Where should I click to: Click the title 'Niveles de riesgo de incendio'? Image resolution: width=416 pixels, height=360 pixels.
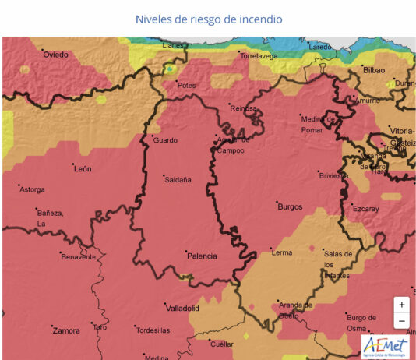[208, 19]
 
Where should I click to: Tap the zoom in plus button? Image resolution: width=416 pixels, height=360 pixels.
[401, 305]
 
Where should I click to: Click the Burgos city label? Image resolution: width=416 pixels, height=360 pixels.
[289, 207]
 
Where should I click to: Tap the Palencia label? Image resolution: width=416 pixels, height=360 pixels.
[201, 256]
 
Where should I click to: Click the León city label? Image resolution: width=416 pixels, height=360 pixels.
[82, 168]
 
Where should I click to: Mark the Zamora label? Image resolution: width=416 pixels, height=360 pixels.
[65, 330]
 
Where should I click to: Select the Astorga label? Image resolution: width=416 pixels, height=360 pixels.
[32, 189]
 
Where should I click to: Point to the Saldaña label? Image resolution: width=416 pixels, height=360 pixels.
[178, 180]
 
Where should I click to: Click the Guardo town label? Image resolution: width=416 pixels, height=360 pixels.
[165, 140]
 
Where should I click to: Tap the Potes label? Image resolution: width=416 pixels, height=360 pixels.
[186, 85]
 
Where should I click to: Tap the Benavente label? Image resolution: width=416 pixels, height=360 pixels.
[78, 256]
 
